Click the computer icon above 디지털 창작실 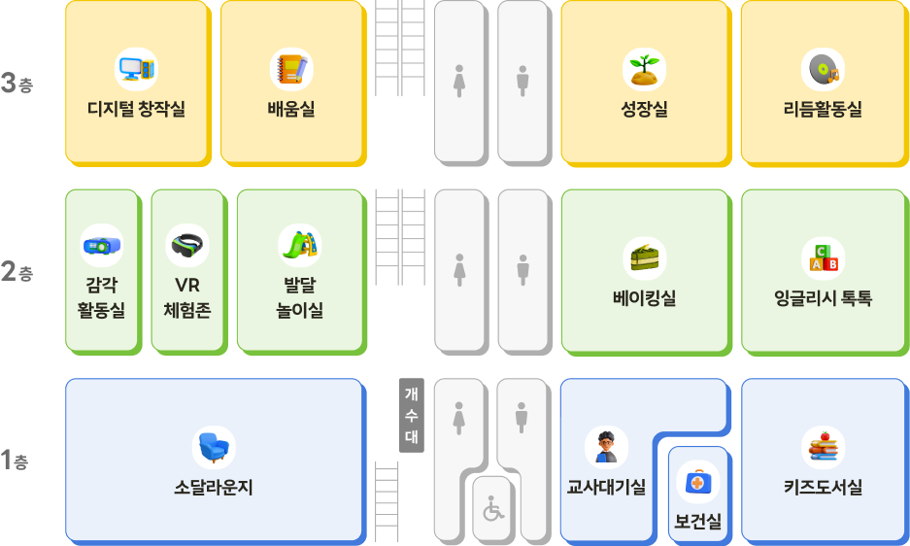[136, 69]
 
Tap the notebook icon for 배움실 [291, 69]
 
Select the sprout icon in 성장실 [644, 69]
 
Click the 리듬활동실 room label [823, 110]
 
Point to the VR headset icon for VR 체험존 [187, 246]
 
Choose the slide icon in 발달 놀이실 [299, 246]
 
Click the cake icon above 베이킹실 [644, 257]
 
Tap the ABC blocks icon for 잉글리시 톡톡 [823, 257]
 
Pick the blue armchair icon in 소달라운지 [214, 447]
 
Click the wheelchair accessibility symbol [494, 508]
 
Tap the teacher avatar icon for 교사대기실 [606, 447]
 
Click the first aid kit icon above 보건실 [697, 482]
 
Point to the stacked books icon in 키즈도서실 [823, 447]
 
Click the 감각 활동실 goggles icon [101, 246]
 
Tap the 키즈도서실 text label [823, 488]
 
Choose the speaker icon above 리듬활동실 [823, 69]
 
